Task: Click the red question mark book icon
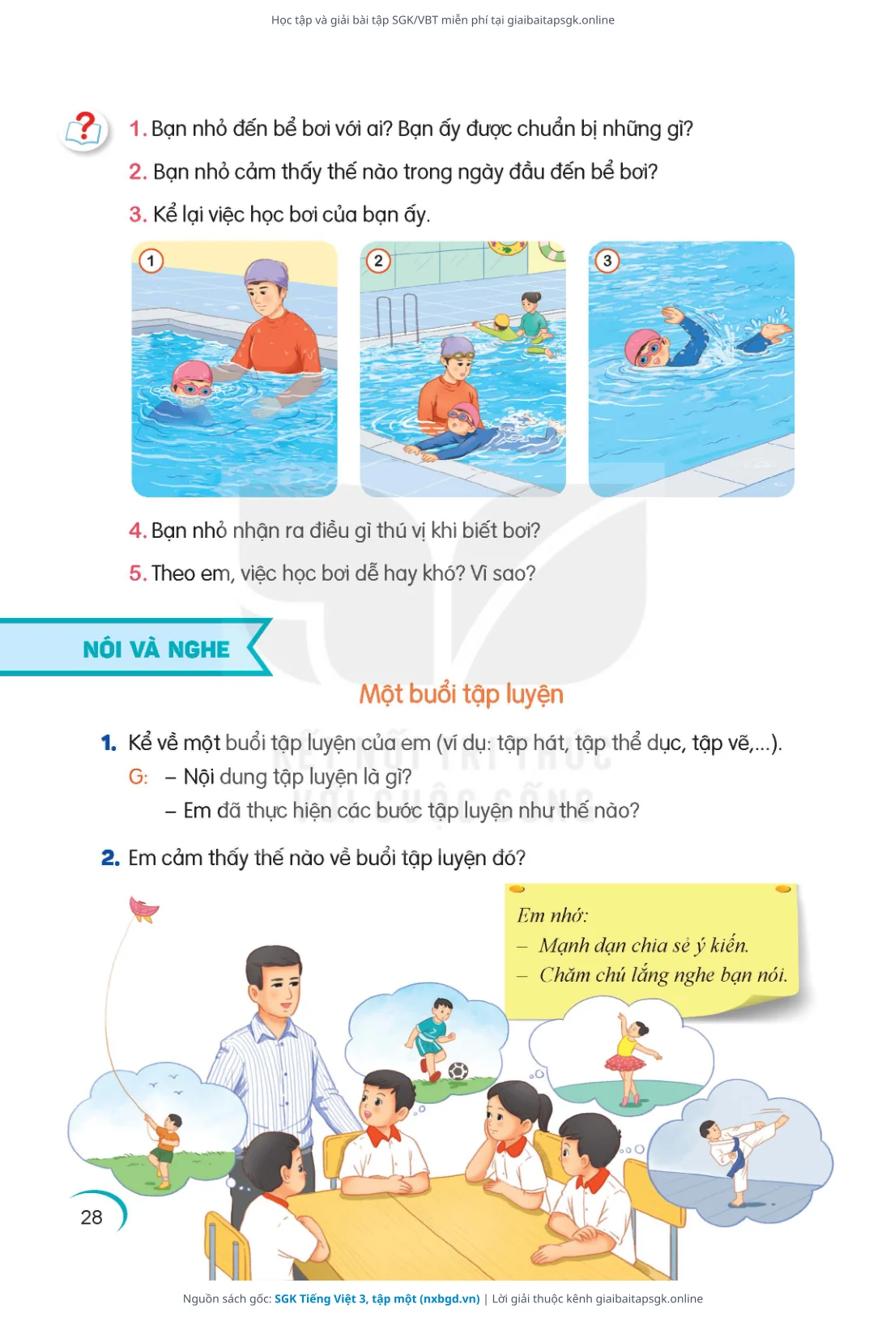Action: point(86,130)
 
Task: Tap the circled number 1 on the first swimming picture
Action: point(151,261)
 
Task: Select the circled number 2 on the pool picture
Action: point(379,261)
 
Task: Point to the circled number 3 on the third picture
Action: point(607,261)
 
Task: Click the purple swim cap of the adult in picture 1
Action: point(266,274)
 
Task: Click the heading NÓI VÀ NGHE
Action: point(156,650)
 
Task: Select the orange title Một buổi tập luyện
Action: point(462,695)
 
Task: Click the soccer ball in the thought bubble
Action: point(458,1072)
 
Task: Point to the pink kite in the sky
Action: point(143,909)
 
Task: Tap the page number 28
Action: point(92,1217)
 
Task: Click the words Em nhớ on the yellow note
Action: point(552,915)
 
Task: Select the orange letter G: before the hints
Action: point(138,777)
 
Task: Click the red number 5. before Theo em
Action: point(138,573)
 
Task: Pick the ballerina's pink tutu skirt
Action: point(625,1063)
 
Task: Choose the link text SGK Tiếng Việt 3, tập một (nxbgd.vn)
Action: point(377,1298)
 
